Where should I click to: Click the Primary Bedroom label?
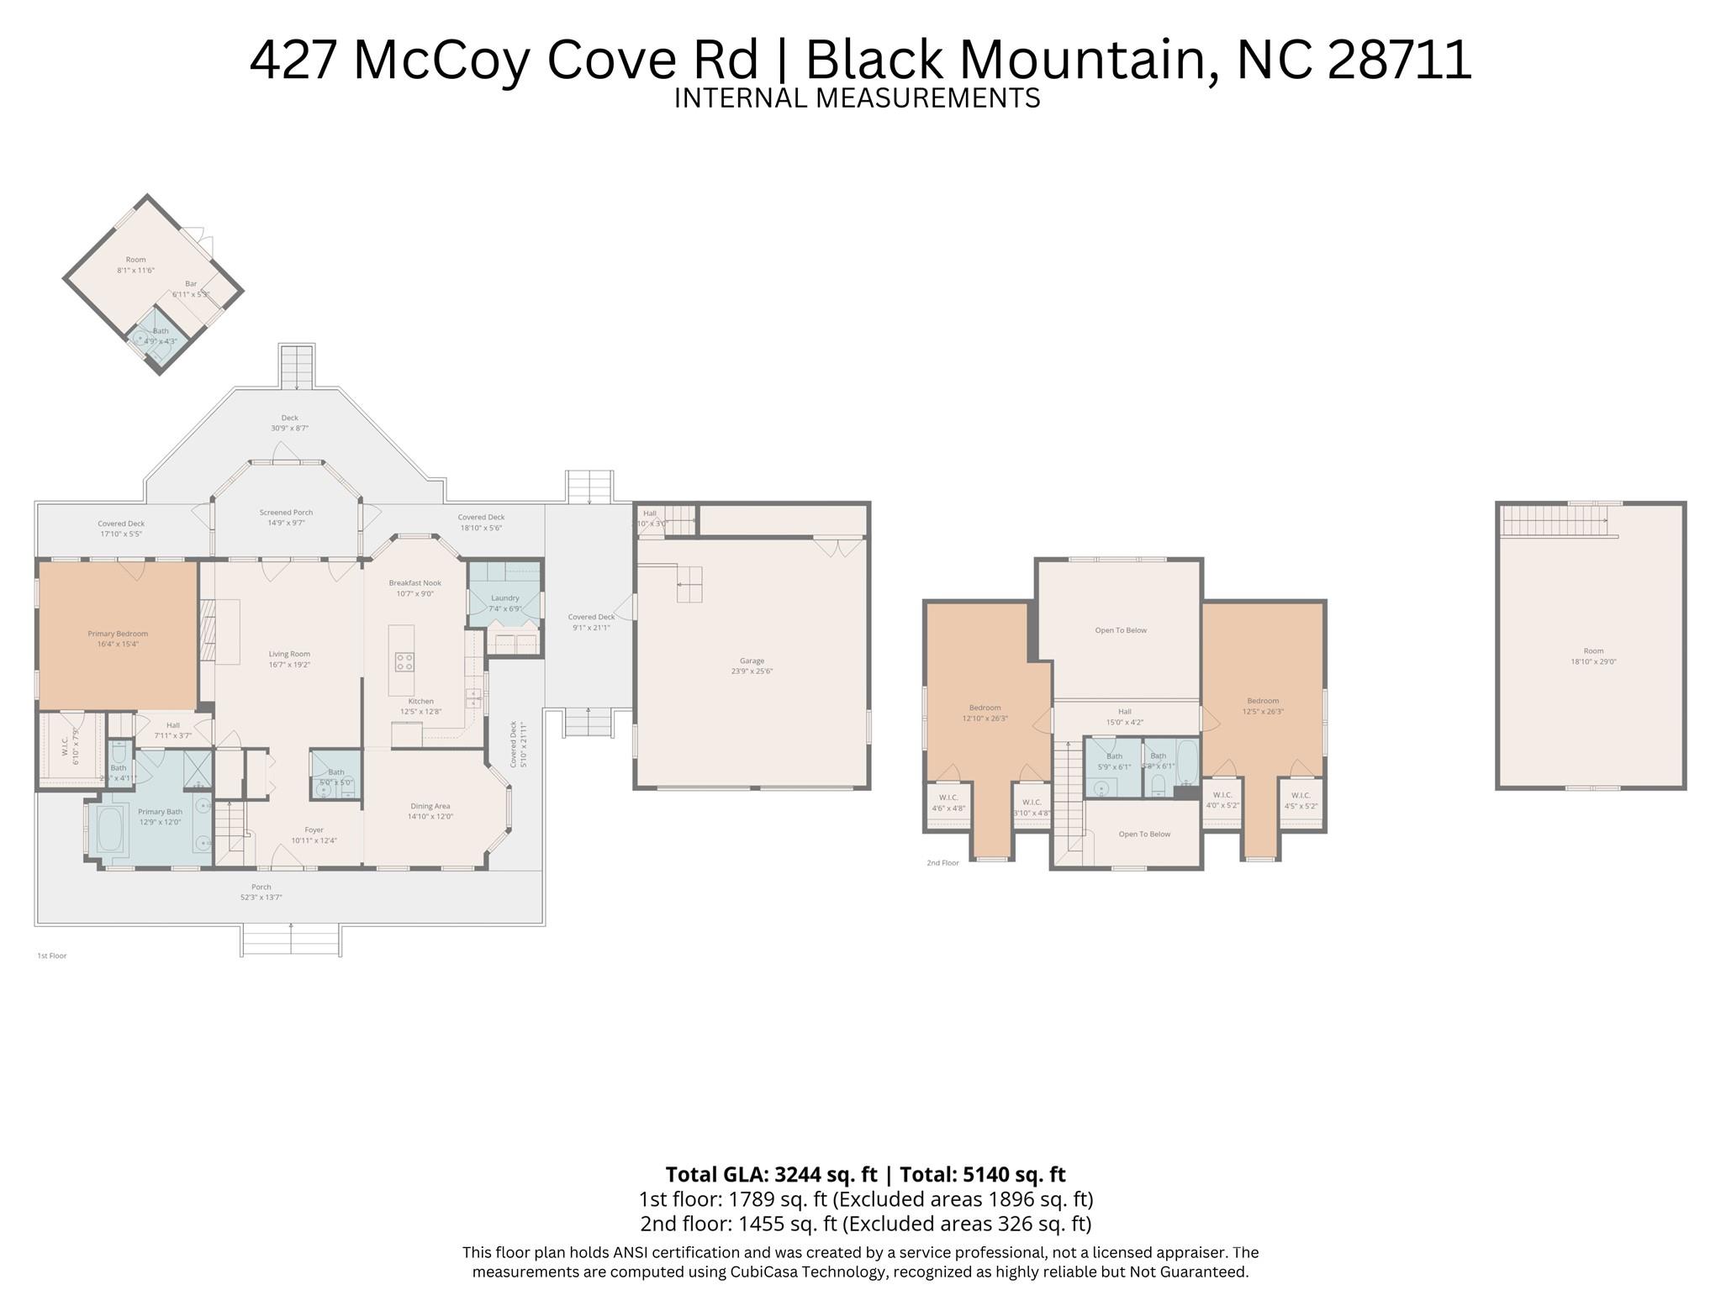click(x=118, y=634)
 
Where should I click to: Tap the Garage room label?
click(x=752, y=661)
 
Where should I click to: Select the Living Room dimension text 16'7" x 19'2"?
click(x=289, y=665)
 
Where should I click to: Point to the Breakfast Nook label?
click(x=414, y=582)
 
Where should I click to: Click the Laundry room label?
click(x=505, y=598)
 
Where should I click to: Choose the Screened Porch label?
click(x=286, y=512)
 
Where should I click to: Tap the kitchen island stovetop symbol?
click(x=404, y=661)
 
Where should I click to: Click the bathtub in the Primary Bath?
click(x=110, y=829)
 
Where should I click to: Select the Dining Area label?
click(x=430, y=806)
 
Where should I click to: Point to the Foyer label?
click(x=314, y=829)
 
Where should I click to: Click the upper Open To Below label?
click(x=1121, y=630)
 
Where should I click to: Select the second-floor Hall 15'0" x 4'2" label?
click(x=1125, y=717)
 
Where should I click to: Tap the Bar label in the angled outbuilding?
click(x=191, y=284)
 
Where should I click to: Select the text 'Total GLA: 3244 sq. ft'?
click(x=770, y=1174)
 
